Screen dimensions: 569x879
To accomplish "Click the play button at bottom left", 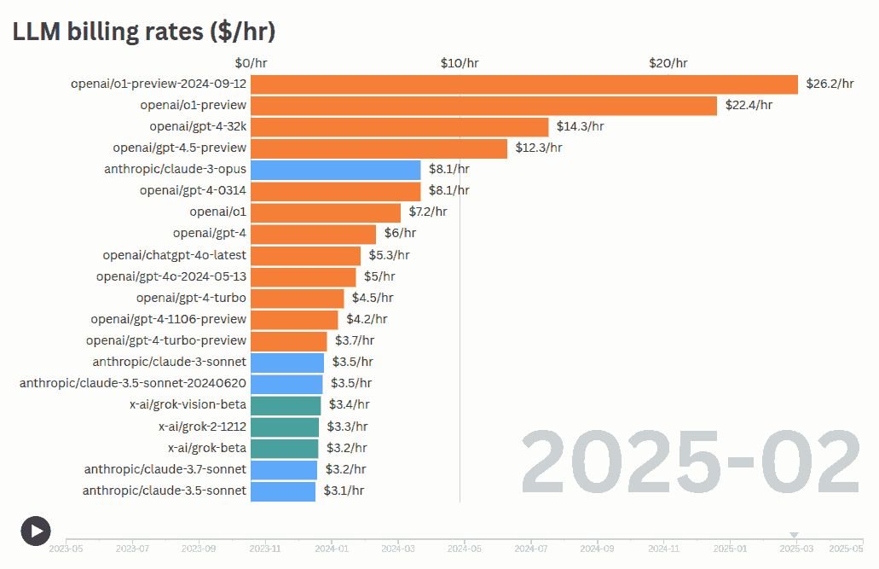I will coord(36,531).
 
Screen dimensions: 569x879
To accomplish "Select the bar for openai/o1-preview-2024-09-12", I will coord(523,84).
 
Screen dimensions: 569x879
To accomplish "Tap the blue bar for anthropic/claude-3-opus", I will coord(335,170).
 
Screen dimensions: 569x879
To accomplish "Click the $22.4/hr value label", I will coord(749,105).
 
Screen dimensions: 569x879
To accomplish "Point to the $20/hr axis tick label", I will coord(668,63).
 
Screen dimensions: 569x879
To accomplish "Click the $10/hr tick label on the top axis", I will coord(460,63).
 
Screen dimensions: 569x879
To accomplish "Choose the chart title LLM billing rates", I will coord(143,32).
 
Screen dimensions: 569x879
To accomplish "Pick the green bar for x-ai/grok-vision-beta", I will coord(286,405).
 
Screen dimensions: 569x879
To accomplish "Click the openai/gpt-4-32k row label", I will coord(198,126).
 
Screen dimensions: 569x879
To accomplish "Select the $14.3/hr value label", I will coord(580,126).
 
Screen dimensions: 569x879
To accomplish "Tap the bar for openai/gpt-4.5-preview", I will coord(379,148).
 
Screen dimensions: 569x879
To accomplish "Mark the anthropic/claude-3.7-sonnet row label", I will coord(165,469).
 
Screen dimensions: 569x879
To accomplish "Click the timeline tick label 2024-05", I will coord(464,549).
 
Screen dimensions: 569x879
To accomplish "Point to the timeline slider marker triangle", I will coord(795,536).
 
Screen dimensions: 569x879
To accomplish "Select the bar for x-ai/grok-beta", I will coord(284,448).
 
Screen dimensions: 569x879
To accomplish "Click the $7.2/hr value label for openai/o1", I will coord(428,212).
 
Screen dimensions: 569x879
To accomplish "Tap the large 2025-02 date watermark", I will coord(691,463).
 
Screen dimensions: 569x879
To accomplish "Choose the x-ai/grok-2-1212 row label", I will coord(202,427).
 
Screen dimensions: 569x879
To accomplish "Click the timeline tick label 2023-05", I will coord(66,549).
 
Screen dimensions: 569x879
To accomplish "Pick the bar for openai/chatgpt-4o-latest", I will coord(305,255).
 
